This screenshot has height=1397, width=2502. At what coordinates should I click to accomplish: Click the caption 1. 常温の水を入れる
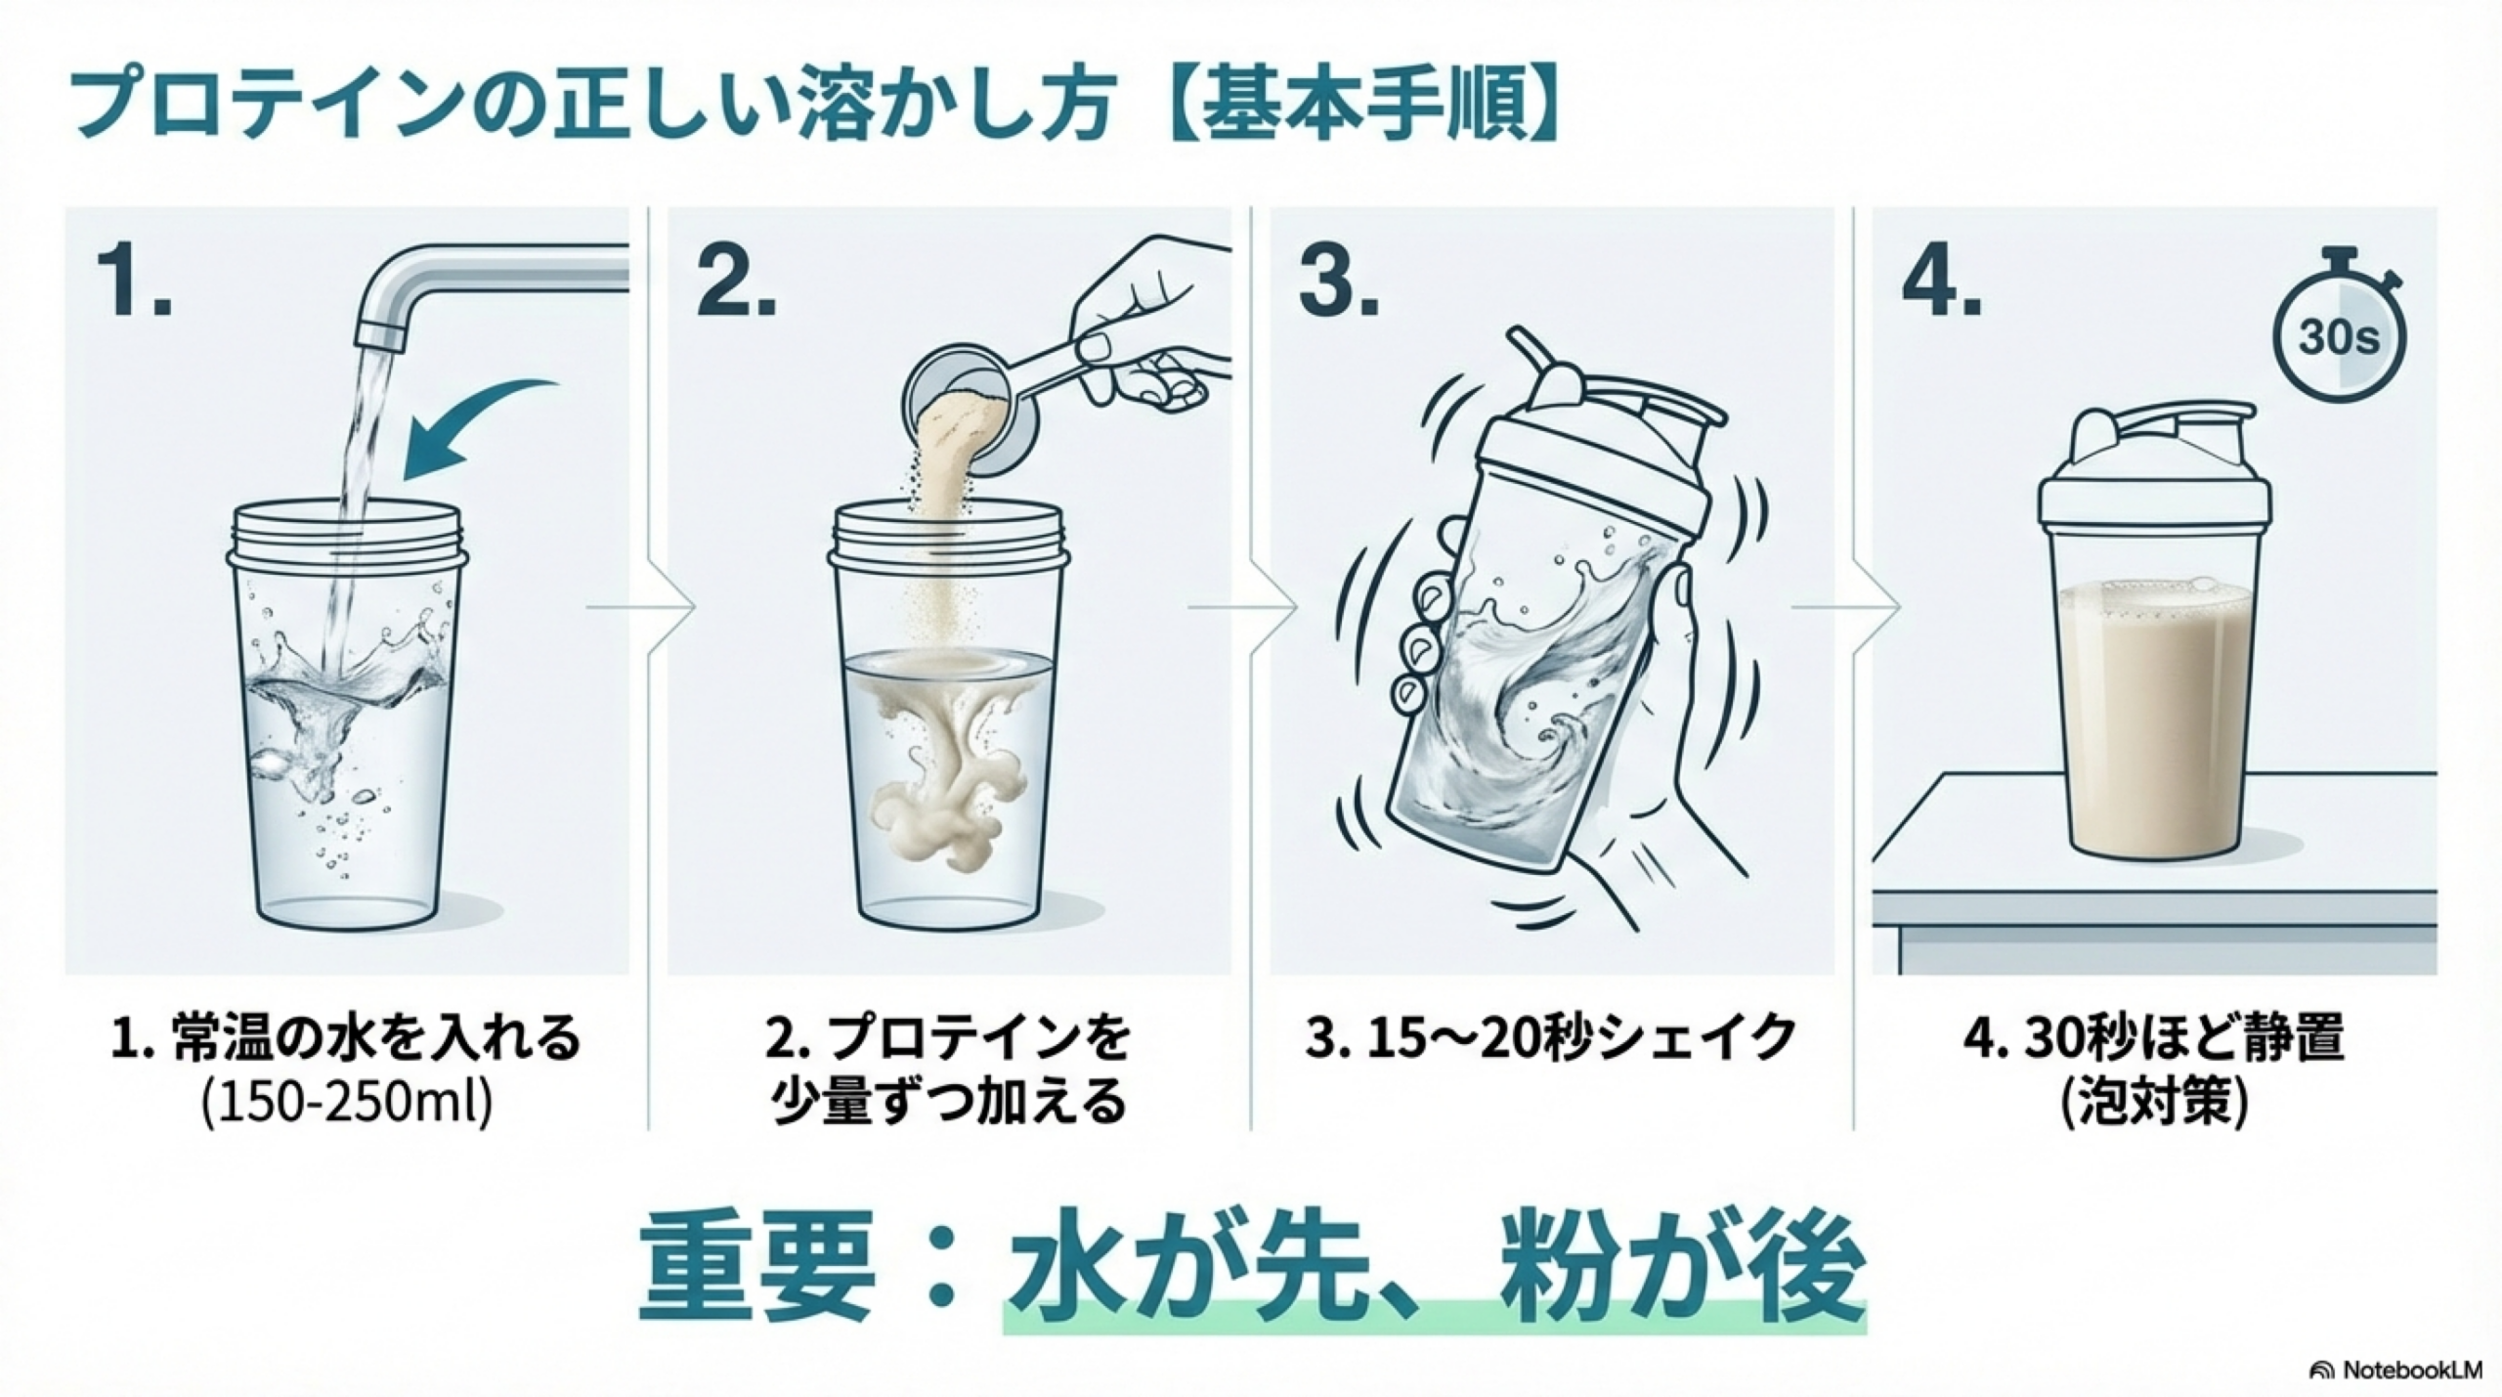pos(346,1038)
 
